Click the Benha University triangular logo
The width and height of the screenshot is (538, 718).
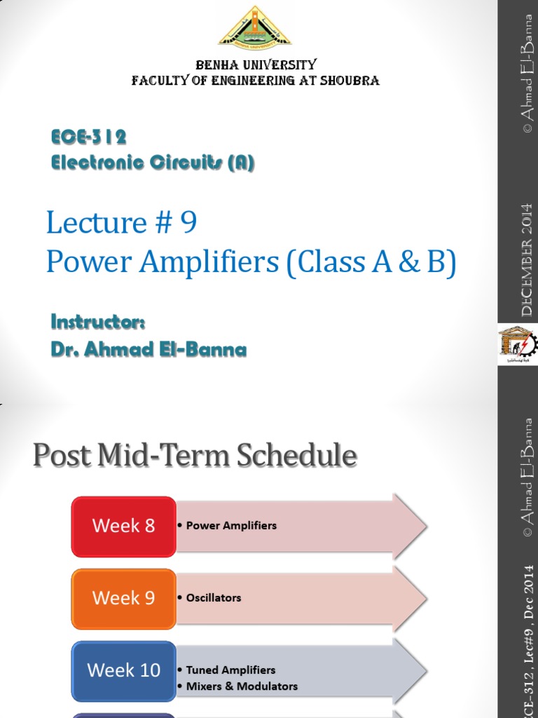255,28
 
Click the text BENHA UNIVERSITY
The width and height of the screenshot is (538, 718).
256,65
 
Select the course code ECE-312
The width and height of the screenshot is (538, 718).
88,136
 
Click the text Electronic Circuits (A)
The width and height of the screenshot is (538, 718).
153,163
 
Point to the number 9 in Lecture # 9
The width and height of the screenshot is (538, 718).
188,223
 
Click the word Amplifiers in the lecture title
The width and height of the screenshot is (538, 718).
211,262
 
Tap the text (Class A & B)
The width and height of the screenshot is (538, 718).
371,262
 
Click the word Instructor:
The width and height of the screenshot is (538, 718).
97,322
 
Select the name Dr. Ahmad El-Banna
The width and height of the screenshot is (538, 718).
149,349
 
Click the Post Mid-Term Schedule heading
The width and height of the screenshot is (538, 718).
195,456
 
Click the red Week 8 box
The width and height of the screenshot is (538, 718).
123,526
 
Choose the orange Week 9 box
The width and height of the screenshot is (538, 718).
123,598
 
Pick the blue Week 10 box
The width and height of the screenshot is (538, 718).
123,670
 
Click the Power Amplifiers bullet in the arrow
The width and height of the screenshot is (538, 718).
231,525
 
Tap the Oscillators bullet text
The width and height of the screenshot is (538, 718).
213,597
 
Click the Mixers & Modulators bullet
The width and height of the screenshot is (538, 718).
242,686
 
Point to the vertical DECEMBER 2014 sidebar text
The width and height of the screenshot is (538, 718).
527,259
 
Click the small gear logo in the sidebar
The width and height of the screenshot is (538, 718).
518,344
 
